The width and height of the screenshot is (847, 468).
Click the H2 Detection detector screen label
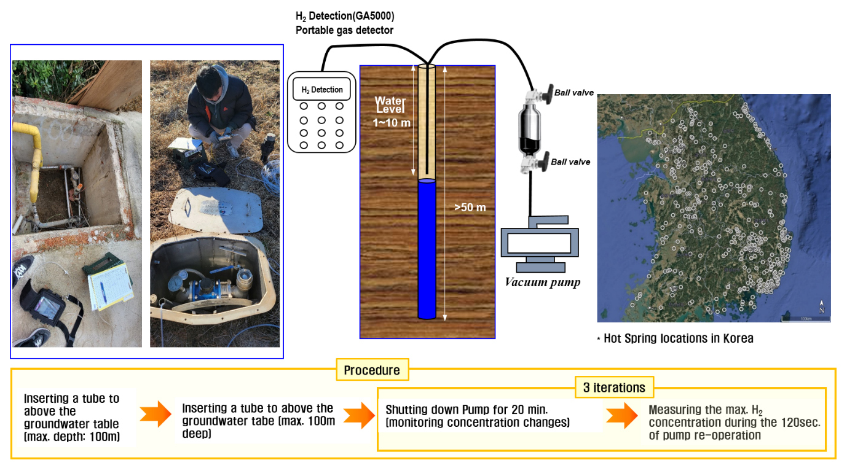tap(321, 90)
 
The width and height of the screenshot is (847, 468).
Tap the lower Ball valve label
tap(570, 162)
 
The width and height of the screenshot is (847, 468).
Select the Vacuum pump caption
tap(543, 283)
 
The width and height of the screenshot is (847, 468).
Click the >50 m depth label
tap(470, 208)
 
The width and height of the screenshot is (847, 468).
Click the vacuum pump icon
tap(540, 243)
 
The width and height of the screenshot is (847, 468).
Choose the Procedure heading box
tap(372, 370)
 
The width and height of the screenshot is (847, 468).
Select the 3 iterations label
tap(614, 388)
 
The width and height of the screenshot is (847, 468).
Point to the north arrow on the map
tap(821, 306)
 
